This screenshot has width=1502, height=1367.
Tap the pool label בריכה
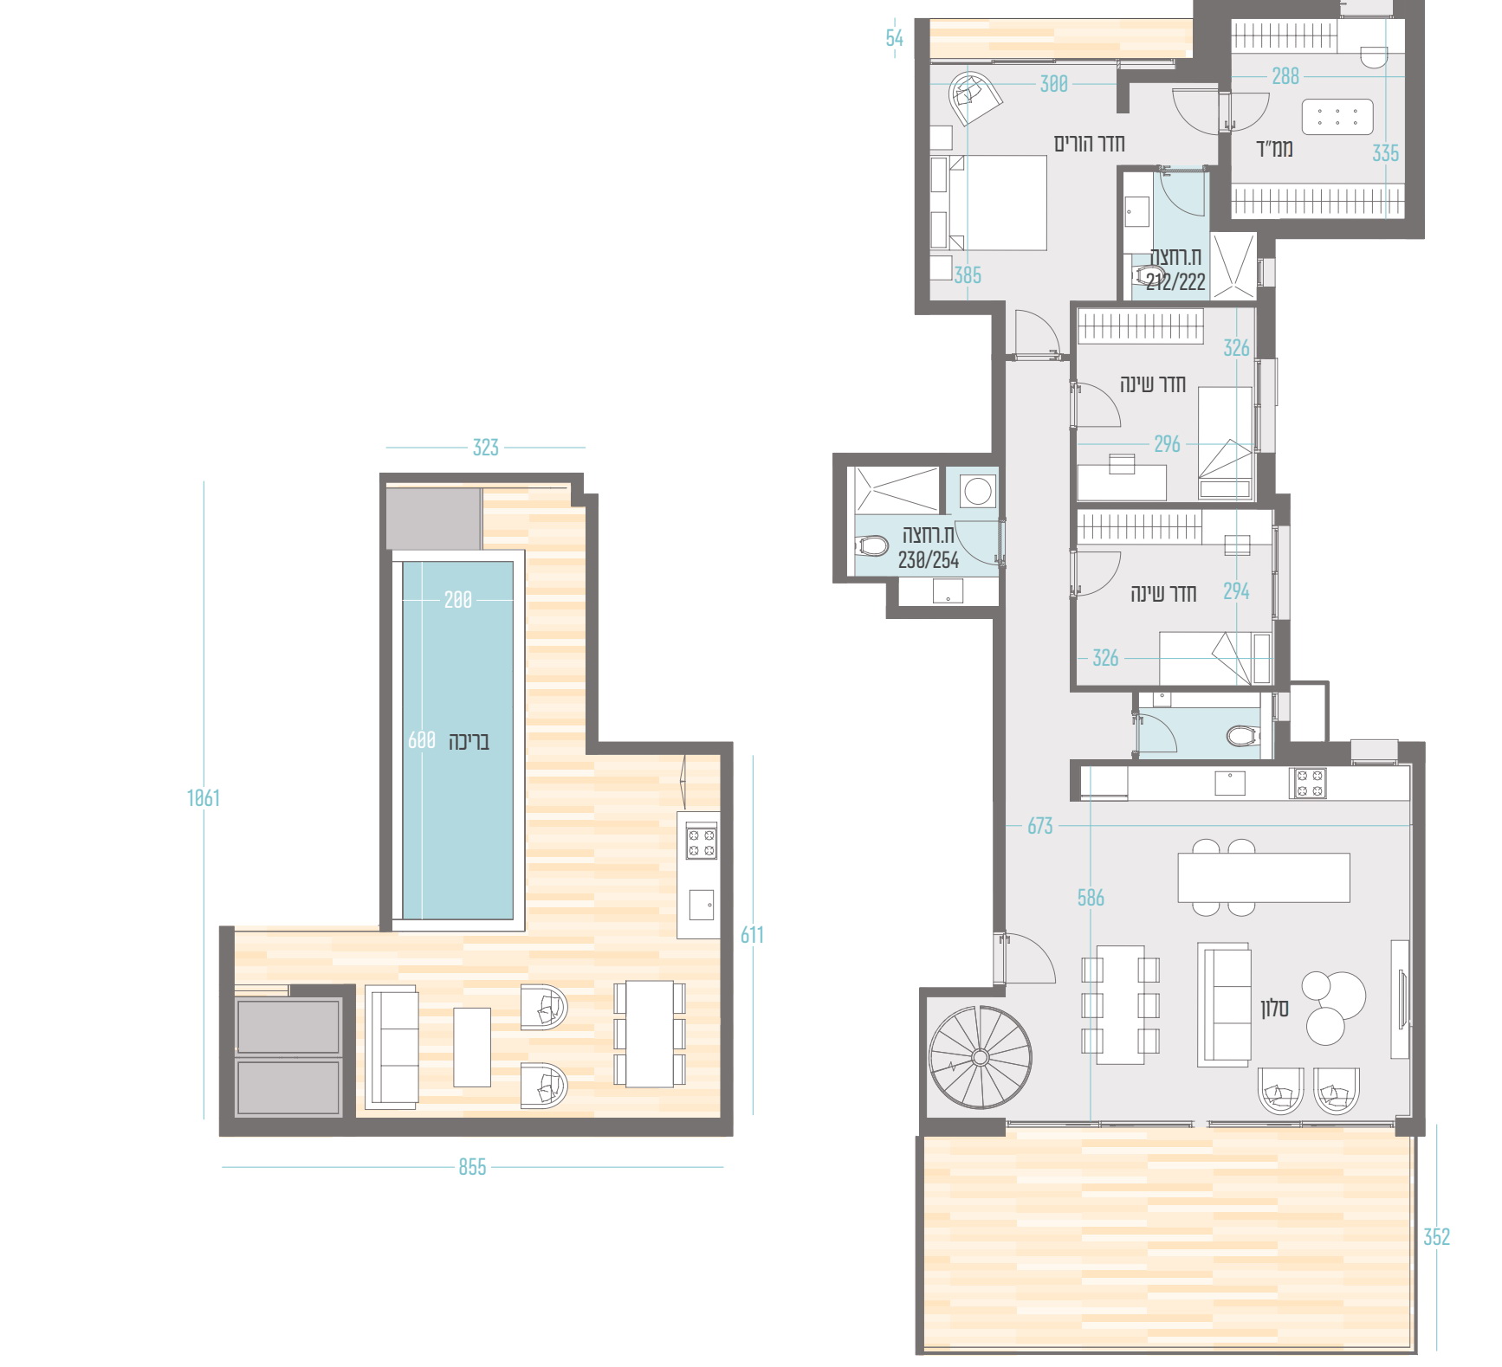click(x=469, y=741)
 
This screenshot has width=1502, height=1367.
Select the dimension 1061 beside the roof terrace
click(x=204, y=797)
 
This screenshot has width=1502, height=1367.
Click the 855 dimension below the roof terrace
click(x=472, y=1167)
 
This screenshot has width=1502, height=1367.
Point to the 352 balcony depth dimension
click(x=1436, y=1237)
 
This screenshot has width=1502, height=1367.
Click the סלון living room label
click(x=1274, y=1008)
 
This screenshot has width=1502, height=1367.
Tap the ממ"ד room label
click(x=1275, y=149)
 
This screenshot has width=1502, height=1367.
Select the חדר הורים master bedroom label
click(x=1089, y=143)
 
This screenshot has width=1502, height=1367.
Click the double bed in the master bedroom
click(x=989, y=203)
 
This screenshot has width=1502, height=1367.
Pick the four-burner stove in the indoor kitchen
click(x=1310, y=783)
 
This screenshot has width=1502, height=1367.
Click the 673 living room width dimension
click(x=1039, y=826)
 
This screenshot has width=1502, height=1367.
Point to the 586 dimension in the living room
click(x=1091, y=898)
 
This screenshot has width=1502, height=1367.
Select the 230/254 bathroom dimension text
click(x=929, y=560)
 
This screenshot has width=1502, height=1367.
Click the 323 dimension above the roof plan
click(x=485, y=448)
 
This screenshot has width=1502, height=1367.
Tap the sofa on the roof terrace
click(x=392, y=1047)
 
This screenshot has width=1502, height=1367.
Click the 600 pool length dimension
click(x=422, y=740)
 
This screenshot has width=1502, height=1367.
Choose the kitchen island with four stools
click(x=1264, y=878)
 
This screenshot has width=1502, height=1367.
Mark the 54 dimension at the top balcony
click(x=894, y=38)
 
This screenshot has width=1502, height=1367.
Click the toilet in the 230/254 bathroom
click(x=872, y=546)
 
